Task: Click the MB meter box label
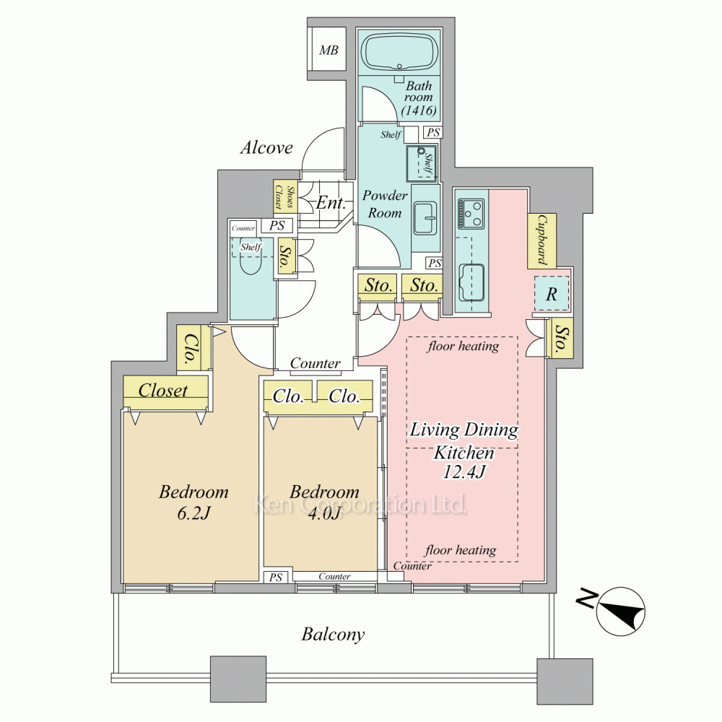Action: click(329, 51)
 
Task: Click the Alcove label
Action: click(266, 147)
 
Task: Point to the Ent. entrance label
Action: click(331, 203)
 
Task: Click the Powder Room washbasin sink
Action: click(425, 218)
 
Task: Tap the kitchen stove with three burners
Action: click(471, 213)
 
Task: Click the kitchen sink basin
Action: click(471, 282)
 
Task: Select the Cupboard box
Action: click(541, 240)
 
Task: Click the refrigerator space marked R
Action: click(551, 294)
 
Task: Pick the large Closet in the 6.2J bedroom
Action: click(166, 392)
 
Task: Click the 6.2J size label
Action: click(193, 513)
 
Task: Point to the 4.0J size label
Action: click(324, 513)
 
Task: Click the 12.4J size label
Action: click(464, 472)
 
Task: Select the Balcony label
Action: click(333, 635)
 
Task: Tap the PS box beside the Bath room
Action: click(433, 133)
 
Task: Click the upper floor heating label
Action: click(463, 346)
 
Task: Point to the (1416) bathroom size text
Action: click(419, 110)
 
